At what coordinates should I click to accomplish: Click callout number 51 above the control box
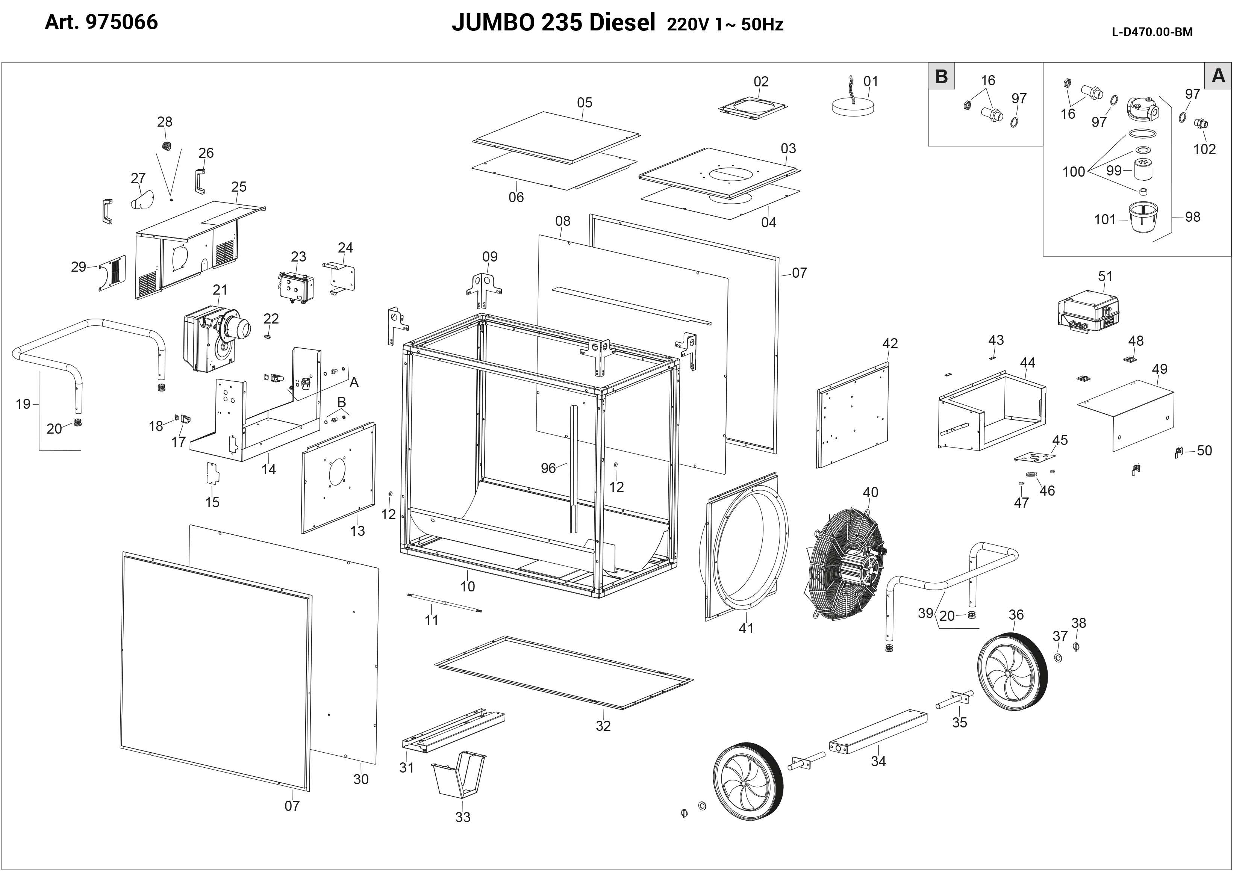[1105, 276]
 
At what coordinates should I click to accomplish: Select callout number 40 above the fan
[871, 492]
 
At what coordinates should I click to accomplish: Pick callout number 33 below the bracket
[463, 817]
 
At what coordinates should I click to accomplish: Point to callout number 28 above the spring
[165, 122]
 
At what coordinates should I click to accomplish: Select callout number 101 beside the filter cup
[1105, 219]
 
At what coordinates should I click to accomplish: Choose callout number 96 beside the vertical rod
[548, 468]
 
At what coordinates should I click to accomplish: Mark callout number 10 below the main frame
[468, 586]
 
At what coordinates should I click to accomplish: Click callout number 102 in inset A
[1205, 149]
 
